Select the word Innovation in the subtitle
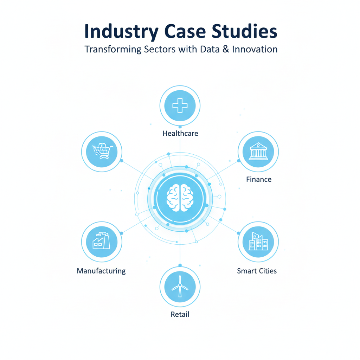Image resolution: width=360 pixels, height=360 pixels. coord(255,49)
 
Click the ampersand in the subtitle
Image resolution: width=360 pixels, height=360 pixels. coord(225,49)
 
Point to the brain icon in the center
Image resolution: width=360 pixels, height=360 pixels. coord(180,198)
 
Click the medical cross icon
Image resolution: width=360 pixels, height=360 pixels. coord(180,105)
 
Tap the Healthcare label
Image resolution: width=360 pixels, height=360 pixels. coord(180,134)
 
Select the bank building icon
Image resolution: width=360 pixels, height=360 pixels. coord(258,152)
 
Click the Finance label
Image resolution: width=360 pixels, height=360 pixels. coord(259,179)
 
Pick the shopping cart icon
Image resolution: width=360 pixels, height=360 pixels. coord(102,151)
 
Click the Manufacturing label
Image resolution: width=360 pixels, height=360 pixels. coord(101,271)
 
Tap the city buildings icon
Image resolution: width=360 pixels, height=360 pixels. coord(258,241)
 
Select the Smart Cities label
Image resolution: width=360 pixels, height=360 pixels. coord(257,271)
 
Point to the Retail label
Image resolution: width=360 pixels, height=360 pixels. coord(180,314)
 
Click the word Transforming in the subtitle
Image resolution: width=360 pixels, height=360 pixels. coord(112,49)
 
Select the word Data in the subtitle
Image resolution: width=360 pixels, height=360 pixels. coord(210,49)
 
